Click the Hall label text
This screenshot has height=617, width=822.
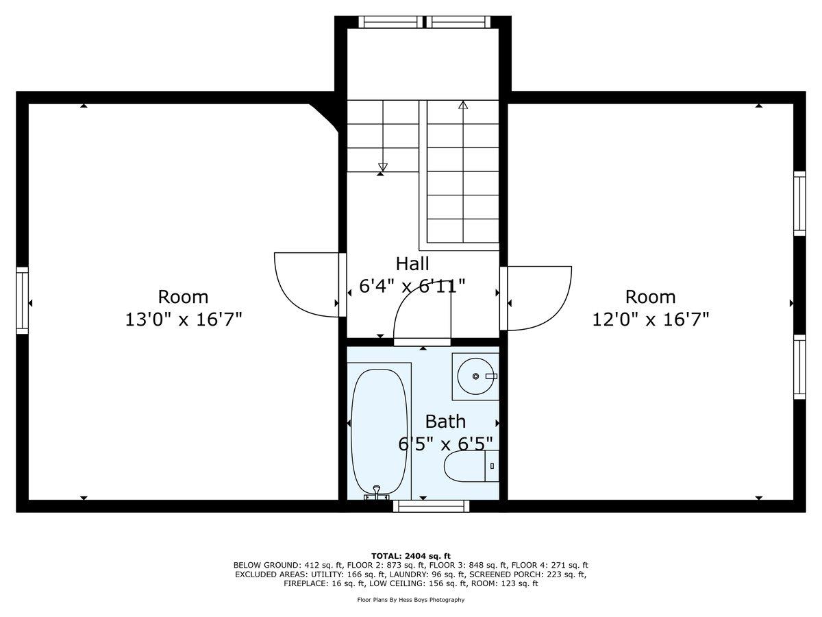412,264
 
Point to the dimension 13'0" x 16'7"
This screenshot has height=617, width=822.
184,319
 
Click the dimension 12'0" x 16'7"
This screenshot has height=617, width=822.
650,319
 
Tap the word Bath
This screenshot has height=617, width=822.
445,421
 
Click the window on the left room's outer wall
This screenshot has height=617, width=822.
23,301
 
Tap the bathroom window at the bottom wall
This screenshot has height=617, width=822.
432,507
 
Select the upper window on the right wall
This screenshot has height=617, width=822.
799,203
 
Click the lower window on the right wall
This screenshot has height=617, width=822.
799,367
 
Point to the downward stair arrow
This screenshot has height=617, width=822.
383,167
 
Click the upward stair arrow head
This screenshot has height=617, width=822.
463,106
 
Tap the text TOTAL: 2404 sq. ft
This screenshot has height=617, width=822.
411,556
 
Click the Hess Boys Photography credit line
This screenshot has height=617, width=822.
411,600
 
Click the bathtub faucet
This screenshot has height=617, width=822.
377,491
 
